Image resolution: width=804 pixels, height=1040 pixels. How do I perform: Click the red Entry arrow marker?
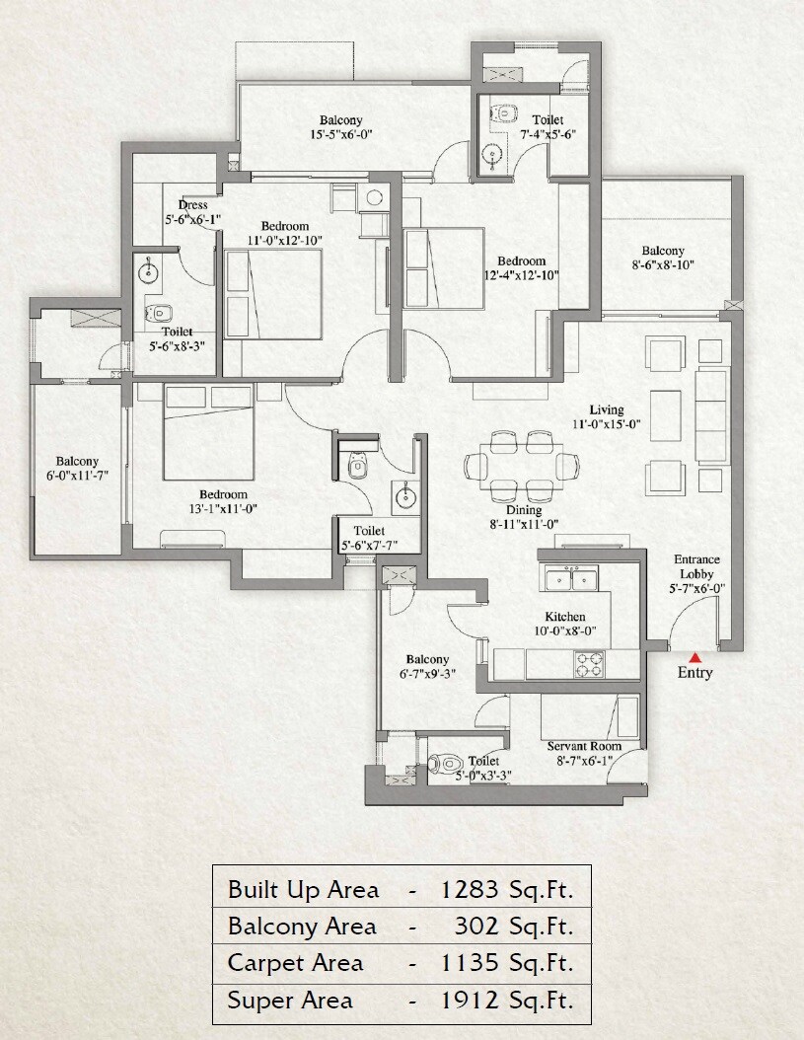click(x=695, y=656)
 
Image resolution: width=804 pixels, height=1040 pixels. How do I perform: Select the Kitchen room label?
click(x=565, y=617)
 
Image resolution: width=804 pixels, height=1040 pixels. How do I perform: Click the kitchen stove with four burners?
click(x=590, y=664)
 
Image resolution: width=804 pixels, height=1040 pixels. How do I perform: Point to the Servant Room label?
click(x=585, y=747)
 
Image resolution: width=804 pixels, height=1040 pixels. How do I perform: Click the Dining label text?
click(x=525, y=511)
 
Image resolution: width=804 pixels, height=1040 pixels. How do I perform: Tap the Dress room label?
click(x=192, y=205)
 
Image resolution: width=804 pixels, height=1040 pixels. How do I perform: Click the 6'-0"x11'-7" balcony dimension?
click(x=77, y=478)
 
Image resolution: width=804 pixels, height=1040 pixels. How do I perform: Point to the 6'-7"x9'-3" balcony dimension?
click(x=427, y=676)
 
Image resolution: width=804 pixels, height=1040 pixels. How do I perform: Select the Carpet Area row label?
click(x=296, y=963)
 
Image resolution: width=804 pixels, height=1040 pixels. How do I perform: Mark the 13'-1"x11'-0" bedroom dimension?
click(x=222, y=509)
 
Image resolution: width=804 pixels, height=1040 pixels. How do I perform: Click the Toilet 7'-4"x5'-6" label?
click(x=548, y=127)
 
